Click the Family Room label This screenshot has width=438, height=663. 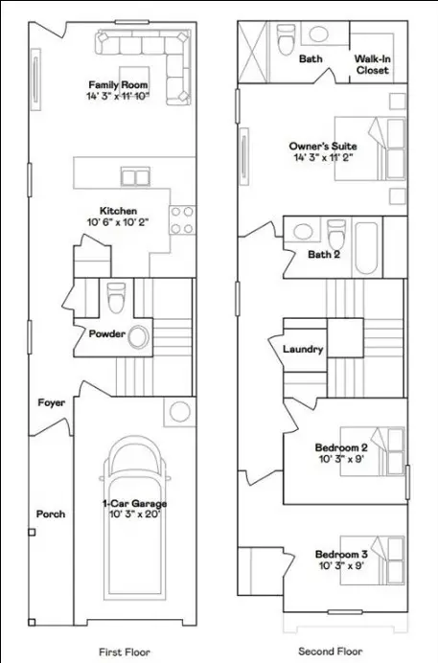119,84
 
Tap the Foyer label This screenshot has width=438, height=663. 51,402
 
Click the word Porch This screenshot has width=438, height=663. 51,514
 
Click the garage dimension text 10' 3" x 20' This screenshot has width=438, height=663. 134,514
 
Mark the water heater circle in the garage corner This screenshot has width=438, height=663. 180,413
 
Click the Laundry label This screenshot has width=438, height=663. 303,350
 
